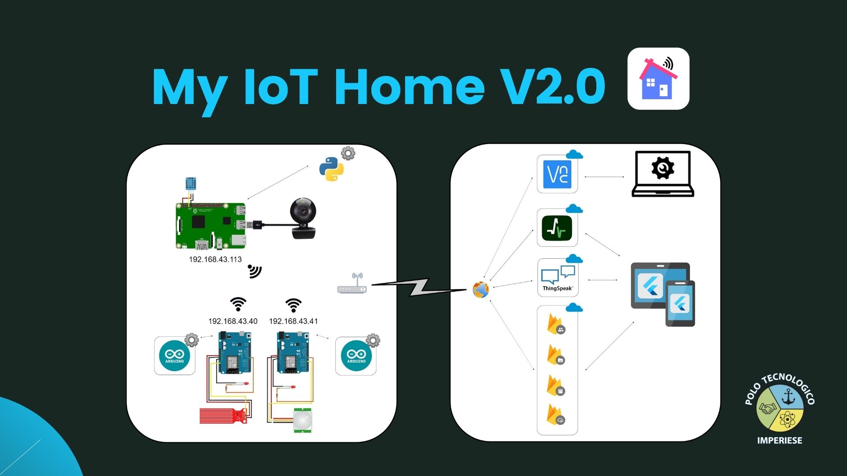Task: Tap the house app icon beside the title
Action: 658,79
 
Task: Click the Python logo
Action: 331,170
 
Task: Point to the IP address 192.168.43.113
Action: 215,260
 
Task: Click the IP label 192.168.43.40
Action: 233,321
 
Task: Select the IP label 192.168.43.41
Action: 293,321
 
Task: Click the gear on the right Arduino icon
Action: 373,340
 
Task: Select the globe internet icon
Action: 480,290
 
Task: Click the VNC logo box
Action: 557,175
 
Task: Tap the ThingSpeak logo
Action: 558,278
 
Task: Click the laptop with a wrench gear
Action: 663,174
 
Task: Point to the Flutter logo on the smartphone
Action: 680,304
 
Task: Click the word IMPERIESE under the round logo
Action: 780,440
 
